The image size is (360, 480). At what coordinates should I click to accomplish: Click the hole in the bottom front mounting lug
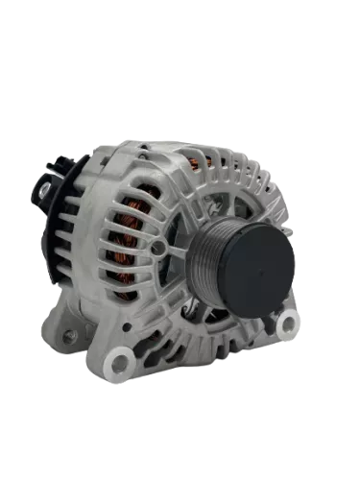tap(118, 363)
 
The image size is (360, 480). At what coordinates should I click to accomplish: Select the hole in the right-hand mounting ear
tap(286, 327)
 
